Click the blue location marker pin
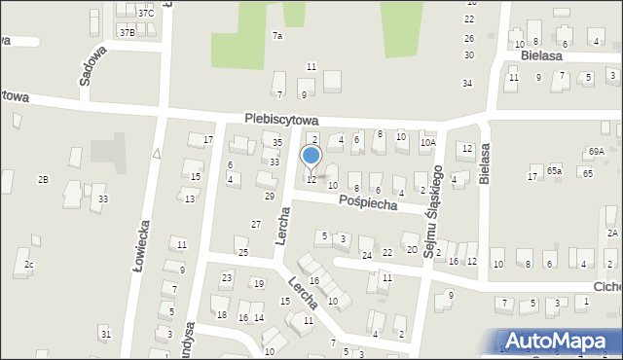coord(311,157)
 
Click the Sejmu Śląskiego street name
coord(433,208)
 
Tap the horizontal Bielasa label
coord(542,56)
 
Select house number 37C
coord(145,13)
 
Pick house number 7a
coord(277,36)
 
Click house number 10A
coord(427,143)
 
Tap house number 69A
coord(596,151)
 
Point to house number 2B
coord(43,180)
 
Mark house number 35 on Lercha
coord(276,143)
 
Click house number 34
coord(467,83)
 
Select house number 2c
coord(29,266)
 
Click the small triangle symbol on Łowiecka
coord(155,153)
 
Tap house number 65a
coord(554,170)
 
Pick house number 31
coord(105,335)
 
